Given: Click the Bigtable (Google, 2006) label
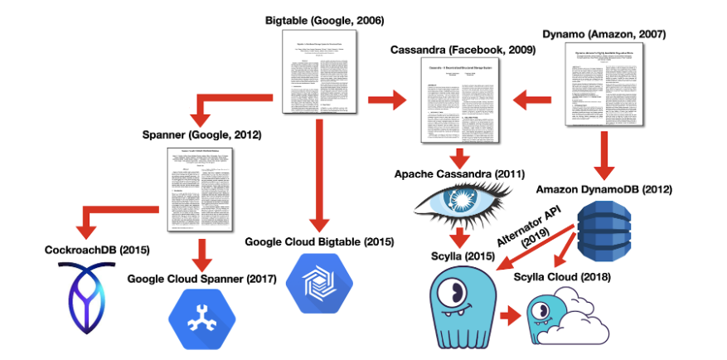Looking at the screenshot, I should tap(325, 19).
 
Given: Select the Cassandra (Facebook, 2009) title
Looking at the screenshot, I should tap(463, 51).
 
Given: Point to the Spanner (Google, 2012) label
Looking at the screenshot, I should tap(201, 134).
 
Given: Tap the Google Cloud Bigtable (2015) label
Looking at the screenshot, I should tap(320, 242).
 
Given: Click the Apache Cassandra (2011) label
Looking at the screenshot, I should tap(458, 174).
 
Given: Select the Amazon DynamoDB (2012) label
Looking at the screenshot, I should tap(603, 189).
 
